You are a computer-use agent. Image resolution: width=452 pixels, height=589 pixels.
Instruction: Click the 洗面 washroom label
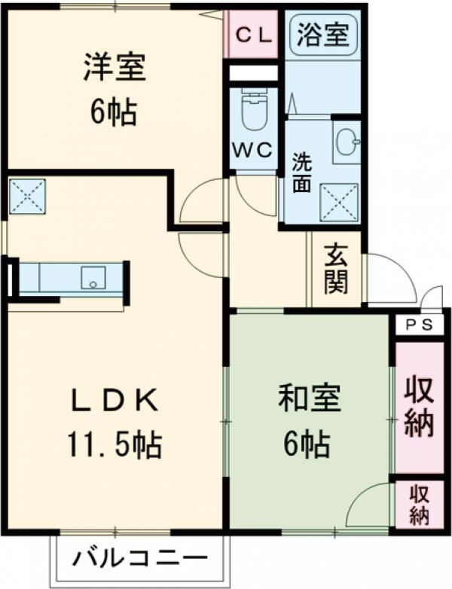(x=301, y=172)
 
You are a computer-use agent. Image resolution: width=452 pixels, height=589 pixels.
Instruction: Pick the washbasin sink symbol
(x=347, y=141)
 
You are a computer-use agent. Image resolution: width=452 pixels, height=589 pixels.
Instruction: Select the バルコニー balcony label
(x=139, y=559)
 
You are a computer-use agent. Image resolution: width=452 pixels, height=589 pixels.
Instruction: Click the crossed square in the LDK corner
(x=27, y=196)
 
